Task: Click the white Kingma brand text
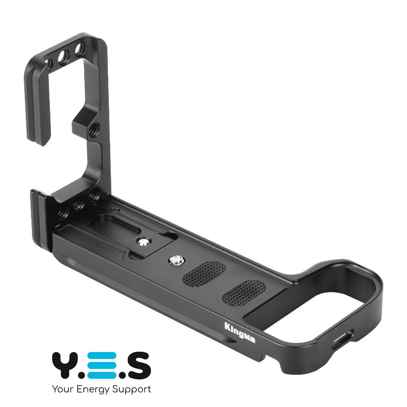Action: (x=239, y=336)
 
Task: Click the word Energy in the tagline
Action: (x=93, y=390)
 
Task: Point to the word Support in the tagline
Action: (x=132, y=390)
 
